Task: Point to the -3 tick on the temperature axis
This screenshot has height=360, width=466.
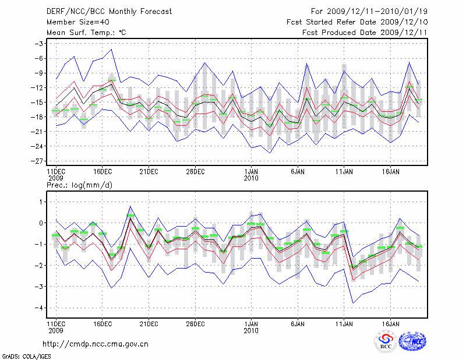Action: (x=40, y=44)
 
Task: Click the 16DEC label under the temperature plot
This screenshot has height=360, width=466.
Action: (x=102, y=172)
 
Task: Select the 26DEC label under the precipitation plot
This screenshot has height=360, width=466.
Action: (x=195, y=323)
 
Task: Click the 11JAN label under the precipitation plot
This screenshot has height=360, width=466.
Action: (x=344, y=323)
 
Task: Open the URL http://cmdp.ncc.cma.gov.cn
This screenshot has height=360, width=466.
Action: (x=96, y=344)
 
